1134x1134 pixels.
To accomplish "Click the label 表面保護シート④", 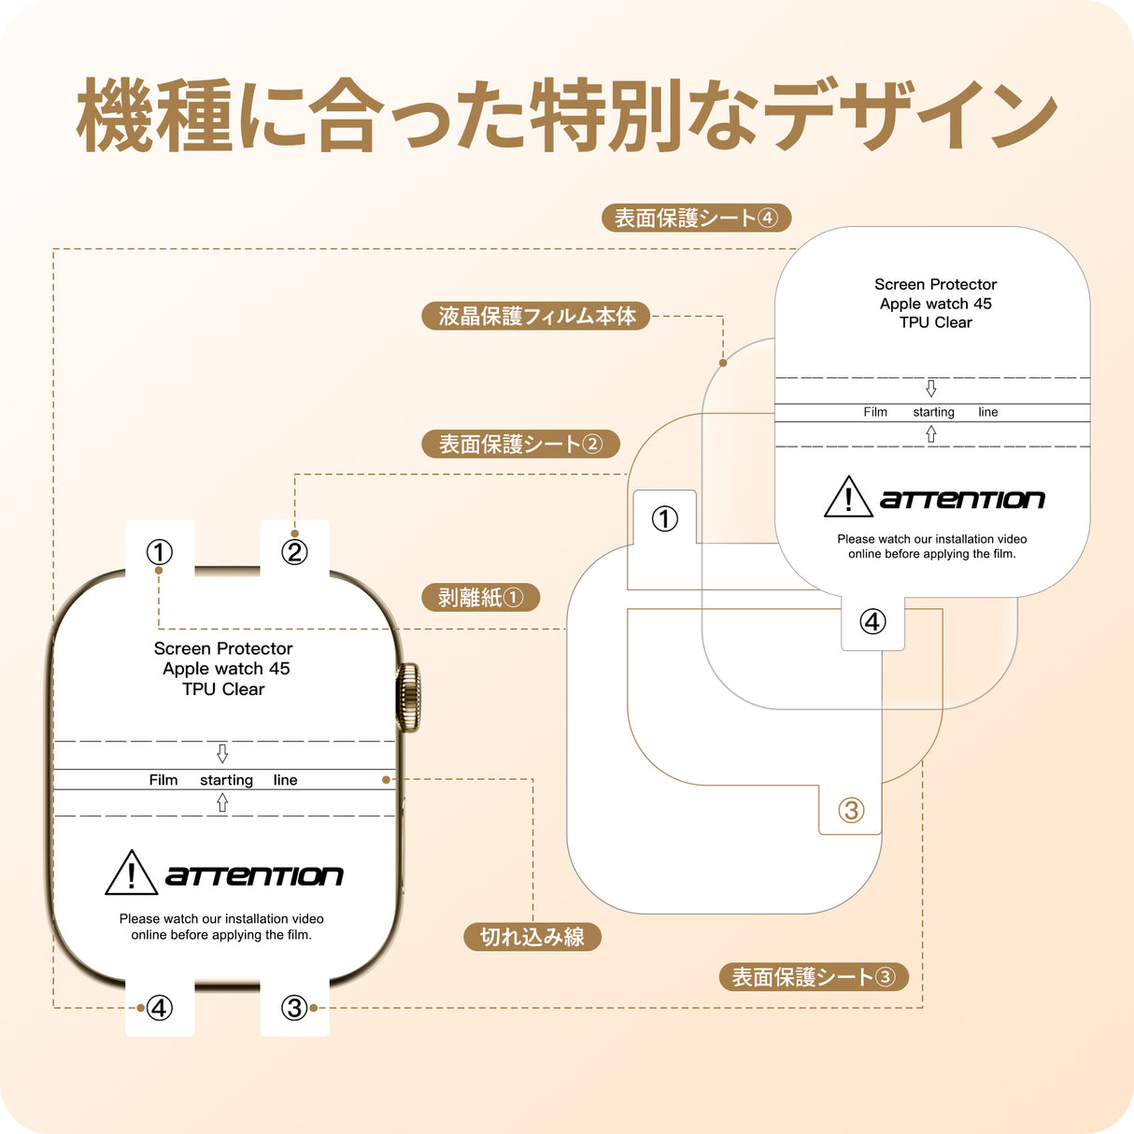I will pos(696,219).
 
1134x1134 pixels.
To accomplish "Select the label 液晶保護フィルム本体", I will pos(537,317).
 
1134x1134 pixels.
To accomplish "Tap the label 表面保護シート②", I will pos(520,445).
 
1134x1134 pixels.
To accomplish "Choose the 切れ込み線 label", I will pos(532,937).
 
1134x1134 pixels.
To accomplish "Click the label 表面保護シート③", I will pos(813,977).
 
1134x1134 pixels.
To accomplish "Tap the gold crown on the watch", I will pos(408,697).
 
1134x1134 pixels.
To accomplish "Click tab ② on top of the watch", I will pos(294,552).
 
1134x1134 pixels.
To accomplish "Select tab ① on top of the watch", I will pos(160,552).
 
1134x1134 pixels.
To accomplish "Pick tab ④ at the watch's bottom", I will pos(160,1008).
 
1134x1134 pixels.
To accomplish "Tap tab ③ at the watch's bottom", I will pos(294,1008).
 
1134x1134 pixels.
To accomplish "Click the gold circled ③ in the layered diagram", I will pos(851,810).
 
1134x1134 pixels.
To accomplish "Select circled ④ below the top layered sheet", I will pos(872,621).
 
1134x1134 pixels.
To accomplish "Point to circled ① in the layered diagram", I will pos(664,518).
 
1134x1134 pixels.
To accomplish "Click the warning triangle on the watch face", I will pos(131,874).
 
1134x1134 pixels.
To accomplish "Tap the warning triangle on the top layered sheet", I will pos(848,498).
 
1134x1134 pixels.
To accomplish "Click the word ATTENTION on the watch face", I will pos(254,876).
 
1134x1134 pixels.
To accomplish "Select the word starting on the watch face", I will pos(226,780).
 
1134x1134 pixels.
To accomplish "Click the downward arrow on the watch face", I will pos(222,753).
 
